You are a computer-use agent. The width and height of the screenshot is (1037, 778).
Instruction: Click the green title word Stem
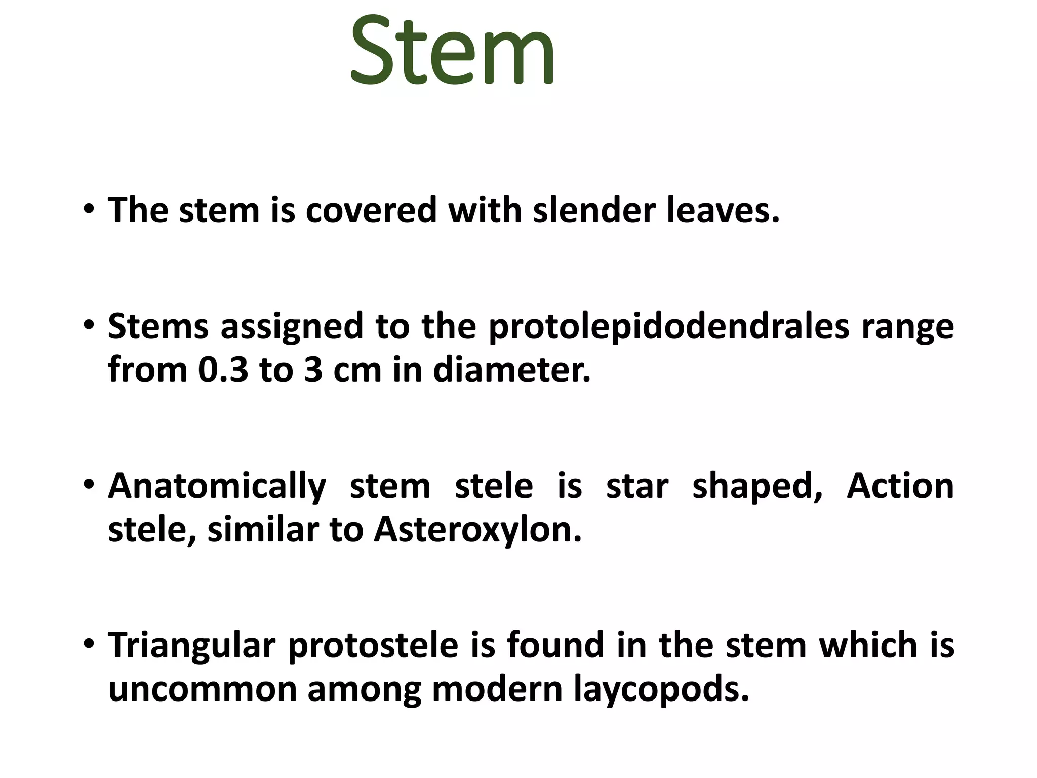[x=452, y=51]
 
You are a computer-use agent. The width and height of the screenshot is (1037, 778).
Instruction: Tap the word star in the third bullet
[x=637, y=486]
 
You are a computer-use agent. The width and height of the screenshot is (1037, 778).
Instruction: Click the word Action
[x=900, y=486]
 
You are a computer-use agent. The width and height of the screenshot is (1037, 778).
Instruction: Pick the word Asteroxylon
[x=477, y=530]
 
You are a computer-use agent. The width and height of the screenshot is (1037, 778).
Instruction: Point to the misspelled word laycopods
[x=661, y=691]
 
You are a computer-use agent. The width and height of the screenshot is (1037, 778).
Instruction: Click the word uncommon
[x=202, y=690]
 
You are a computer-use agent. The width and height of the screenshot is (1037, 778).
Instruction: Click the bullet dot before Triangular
[x=89, y=644]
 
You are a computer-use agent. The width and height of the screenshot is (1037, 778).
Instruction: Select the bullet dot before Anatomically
[x=89, y=484]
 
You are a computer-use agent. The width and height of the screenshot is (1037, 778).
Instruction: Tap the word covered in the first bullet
[x=371, y=210]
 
